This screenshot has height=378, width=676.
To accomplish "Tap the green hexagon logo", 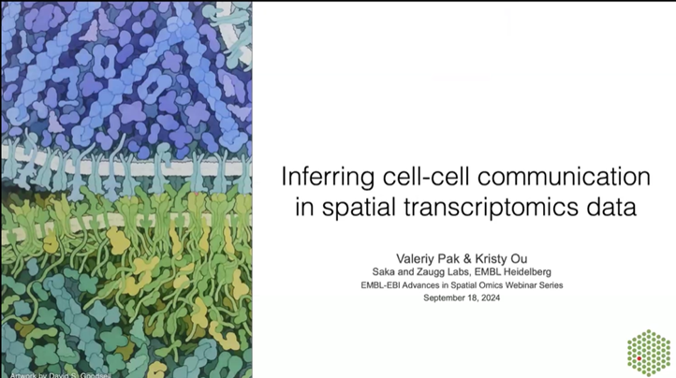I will [647, 352].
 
